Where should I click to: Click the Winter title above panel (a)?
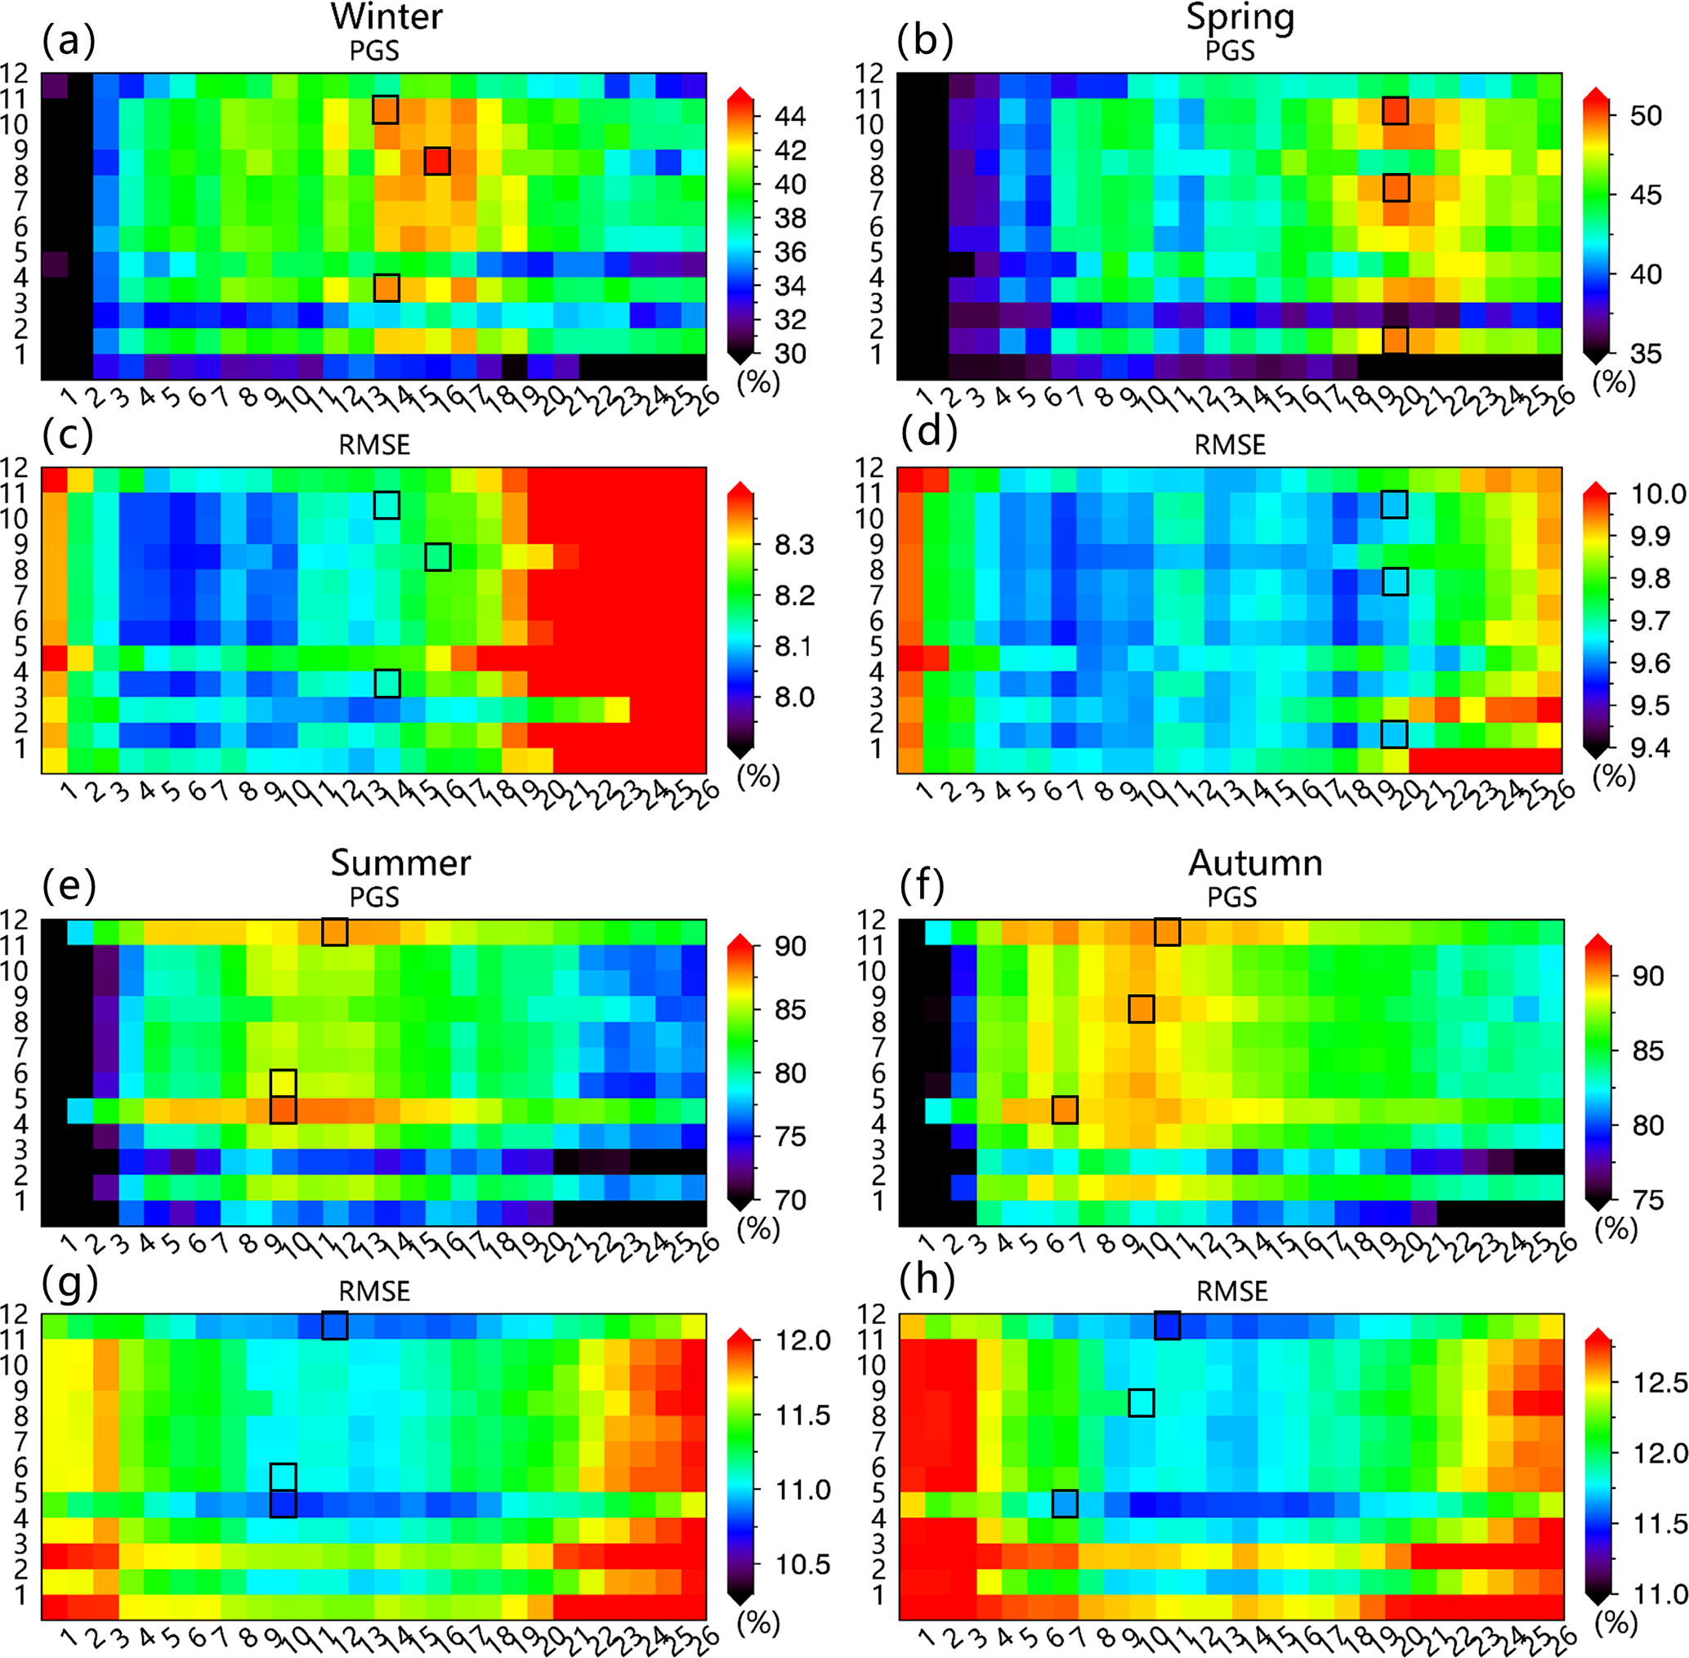point(387,17)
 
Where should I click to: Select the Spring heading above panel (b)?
point(1240,17)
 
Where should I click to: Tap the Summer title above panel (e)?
point(400,863)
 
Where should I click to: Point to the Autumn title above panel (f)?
point(1255,863)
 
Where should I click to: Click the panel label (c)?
point(68,434)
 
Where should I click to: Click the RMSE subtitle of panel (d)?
point(1230,445)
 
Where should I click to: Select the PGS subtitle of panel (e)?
point(374,897)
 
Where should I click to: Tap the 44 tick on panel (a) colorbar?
point(790,116)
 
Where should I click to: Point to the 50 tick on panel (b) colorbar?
point(1646,116)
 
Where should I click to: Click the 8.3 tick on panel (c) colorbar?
point(794,545)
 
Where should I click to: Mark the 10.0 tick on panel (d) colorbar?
point(1658,494)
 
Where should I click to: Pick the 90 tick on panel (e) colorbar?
point(790,946)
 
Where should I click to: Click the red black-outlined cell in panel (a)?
point(437,161)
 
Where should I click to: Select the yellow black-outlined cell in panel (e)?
point(283,1082)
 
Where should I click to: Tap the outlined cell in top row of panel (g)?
point(334,1326)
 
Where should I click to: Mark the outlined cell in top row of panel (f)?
point(1167,932)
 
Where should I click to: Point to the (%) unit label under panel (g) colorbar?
point(758,1622)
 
